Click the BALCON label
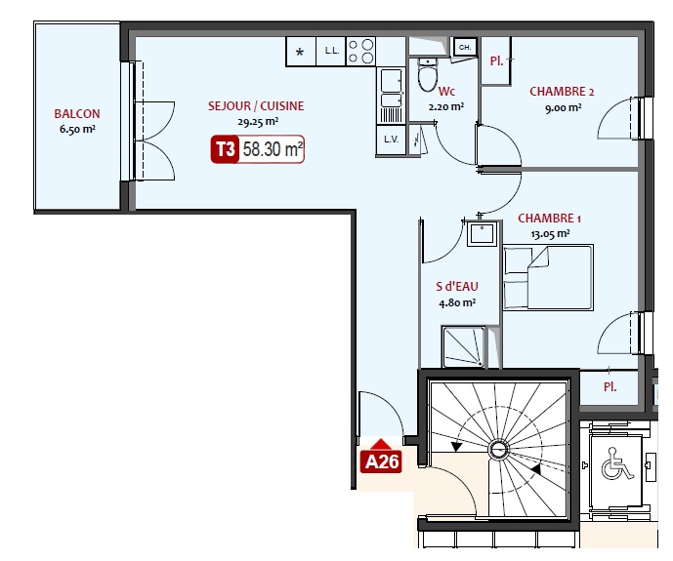click(77, 113)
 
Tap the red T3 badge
click(225, 149)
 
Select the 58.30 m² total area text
click(273, 149)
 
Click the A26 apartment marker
click(381, 461)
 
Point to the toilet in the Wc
click(428, 75)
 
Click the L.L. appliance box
click(331, 51)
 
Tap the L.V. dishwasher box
click(391, 140)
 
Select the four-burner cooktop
click(361, 51)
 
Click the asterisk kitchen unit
click(301, 52)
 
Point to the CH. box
click(465, 47)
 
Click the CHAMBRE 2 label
click(562, 92)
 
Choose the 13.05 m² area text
click(550, 234)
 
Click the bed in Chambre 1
click(548, 277)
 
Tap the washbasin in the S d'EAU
click(482, 233)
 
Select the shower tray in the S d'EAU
click(463, 346)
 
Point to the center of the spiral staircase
click(498, 450)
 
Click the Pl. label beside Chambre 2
click(496, 61)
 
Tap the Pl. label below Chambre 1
click(610, 387)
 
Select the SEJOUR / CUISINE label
click(256, 105)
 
